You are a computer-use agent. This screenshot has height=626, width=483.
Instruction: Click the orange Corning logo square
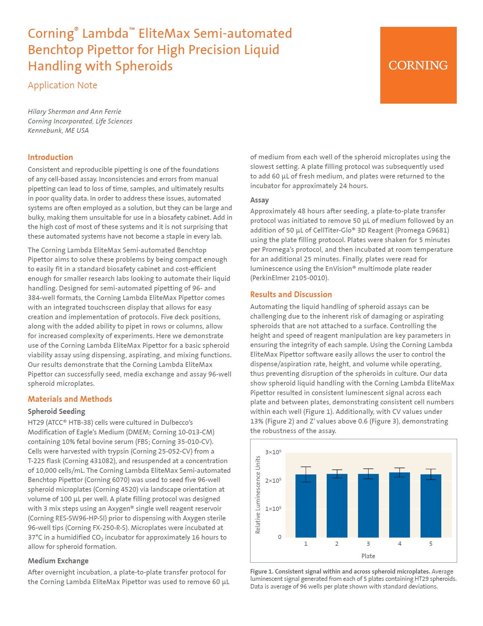(418, 65)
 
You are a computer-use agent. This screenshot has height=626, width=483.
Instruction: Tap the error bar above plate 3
(368, 473)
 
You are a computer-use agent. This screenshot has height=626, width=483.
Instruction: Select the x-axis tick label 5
(431, 544)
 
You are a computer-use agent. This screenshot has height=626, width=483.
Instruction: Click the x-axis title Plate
(368, 556)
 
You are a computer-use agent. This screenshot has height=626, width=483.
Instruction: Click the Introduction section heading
(50, 157)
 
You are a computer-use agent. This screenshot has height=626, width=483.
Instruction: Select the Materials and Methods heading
(70, 399)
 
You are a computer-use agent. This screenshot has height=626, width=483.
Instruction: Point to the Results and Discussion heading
(291, 294)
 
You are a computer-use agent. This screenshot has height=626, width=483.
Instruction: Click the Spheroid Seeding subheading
(56, 411)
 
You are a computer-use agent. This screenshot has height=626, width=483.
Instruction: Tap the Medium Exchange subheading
(58, 561)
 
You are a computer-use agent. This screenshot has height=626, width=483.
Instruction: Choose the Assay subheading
(259, 200)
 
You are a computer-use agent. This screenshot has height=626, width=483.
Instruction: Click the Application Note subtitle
(62, 85)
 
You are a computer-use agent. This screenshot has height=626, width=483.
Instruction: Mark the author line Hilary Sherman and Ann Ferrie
(74, 112)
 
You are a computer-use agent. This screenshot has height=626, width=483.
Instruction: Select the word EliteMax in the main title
(164, 34)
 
